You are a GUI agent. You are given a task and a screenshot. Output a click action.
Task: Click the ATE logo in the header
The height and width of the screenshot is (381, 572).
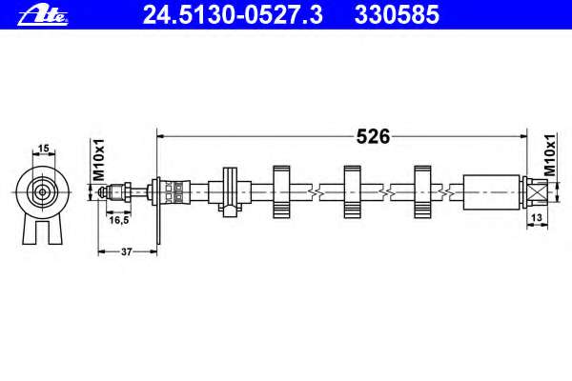pos(43,15)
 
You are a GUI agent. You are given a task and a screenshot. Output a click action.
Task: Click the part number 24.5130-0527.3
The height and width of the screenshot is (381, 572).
pos(233,15)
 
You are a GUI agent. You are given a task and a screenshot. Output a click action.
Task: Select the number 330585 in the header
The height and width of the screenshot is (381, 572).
pos(397,15)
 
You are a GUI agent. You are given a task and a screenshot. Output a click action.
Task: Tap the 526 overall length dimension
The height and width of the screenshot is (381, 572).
pos(373,137)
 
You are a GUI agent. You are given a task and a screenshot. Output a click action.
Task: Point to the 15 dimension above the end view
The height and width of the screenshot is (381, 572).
pos(43,149)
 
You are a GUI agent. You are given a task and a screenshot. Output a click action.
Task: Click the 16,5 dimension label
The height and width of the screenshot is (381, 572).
pos(119,220)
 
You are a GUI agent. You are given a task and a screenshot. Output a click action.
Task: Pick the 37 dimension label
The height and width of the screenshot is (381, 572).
pos(126,251)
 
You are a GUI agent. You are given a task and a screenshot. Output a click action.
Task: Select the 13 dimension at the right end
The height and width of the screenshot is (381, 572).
pos(537,218)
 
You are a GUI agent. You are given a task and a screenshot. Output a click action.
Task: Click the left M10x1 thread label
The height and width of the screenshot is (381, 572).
pos(99,159)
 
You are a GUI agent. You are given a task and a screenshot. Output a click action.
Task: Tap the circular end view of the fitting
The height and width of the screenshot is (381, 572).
pos(43,191)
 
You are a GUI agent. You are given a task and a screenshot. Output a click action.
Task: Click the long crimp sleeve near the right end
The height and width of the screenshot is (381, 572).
pos(491,192)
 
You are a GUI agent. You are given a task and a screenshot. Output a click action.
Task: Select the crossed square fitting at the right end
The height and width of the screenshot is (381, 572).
pos(538,192)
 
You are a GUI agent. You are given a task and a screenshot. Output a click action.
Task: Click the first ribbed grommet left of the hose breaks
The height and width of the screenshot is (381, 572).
pos(281,192)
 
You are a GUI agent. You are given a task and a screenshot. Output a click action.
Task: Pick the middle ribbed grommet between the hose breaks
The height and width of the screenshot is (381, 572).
pos(353,192)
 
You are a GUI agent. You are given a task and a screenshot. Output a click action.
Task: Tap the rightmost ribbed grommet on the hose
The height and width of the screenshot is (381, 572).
pos(422,192)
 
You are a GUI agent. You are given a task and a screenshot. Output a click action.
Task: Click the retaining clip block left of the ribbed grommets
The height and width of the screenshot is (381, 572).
pos(230,192)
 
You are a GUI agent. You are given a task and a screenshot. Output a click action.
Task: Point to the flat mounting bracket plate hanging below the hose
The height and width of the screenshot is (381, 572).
pos(158,211)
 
